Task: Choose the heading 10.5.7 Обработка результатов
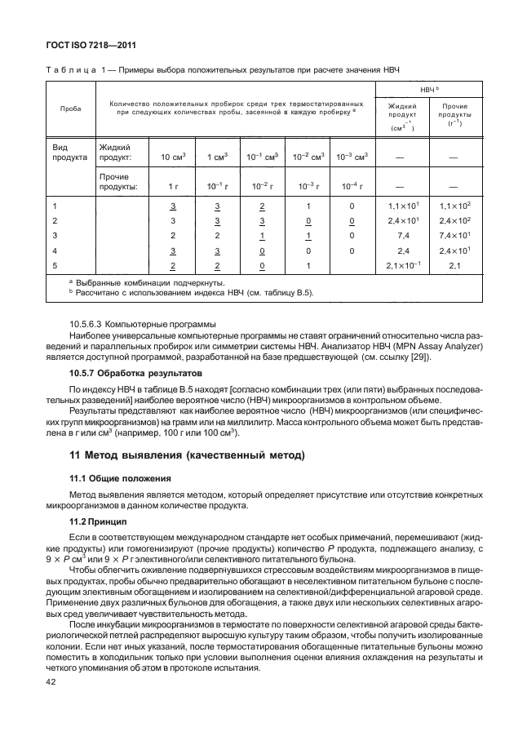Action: tap(131, 372)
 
